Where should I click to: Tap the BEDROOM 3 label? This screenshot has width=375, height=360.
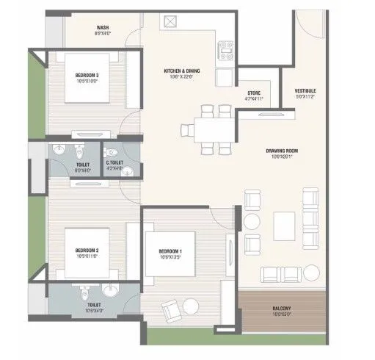coord(87,76)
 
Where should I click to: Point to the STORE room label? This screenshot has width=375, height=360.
coord(254,93)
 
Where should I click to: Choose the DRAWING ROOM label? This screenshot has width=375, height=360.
coord(280,151)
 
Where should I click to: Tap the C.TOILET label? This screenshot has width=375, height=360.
coord(114,162)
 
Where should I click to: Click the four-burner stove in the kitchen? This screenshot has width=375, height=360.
coord(224,51)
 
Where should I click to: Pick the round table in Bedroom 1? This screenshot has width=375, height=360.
coord(189,305)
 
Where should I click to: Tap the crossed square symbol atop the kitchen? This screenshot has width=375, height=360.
coord(173,22)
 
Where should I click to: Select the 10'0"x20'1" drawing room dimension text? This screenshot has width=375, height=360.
coord(280,156)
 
